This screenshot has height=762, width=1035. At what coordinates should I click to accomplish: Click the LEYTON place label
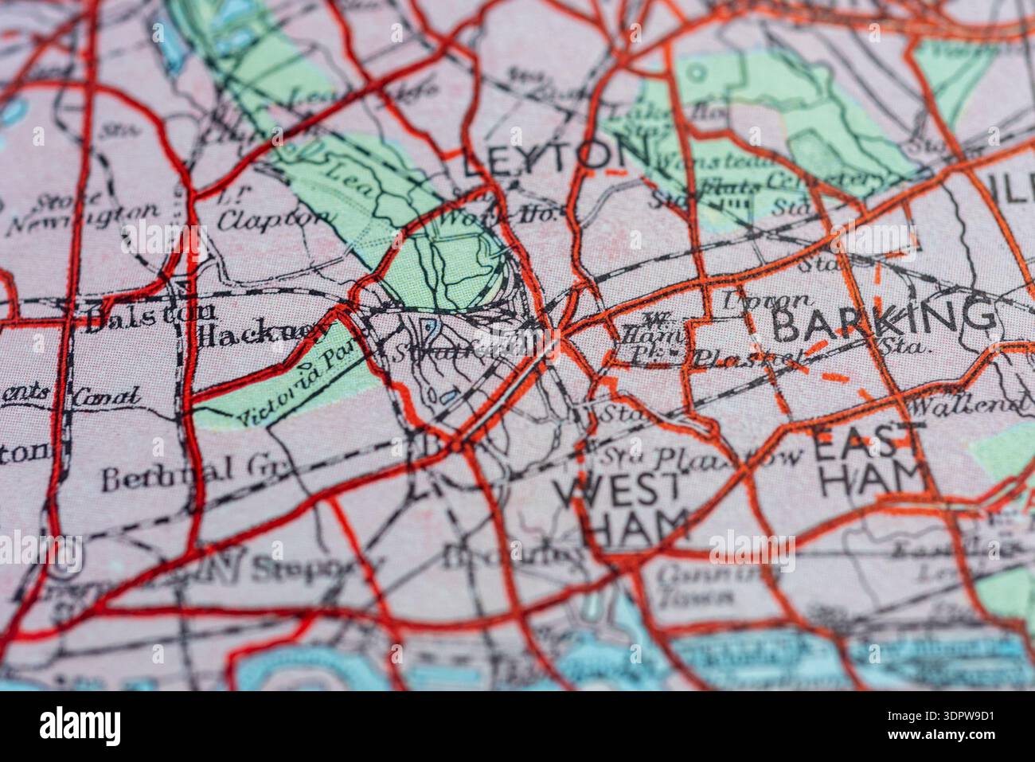point(555,155)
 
